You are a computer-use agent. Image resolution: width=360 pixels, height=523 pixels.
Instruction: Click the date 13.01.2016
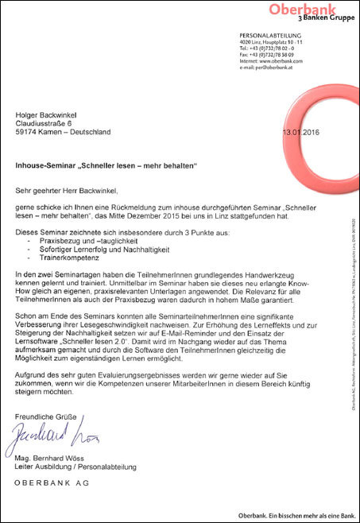(306, 133)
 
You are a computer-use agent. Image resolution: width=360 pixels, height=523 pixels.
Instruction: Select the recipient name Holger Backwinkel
(48, 115)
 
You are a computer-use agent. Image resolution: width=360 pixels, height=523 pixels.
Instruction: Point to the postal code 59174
(27, 133)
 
